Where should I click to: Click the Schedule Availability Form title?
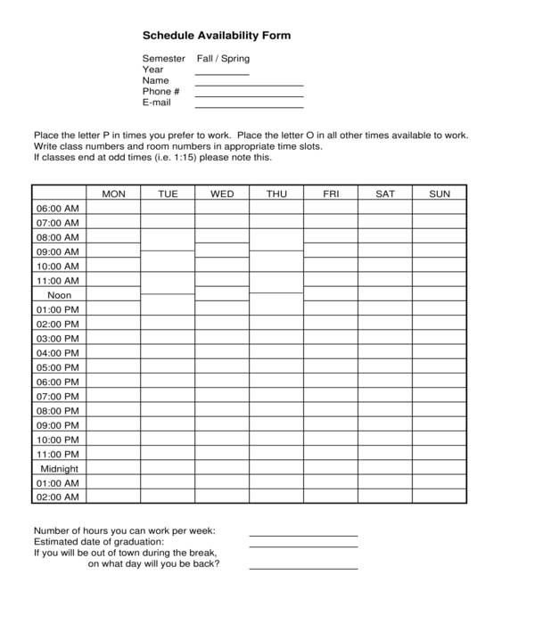[x=217, y=37]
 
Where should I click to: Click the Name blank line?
[x=249, y=84]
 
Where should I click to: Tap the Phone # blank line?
[x=249, y=94]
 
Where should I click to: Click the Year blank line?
[x=222, y=73]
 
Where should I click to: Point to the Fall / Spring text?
[x=223, y=59]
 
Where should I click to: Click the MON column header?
[x=113, y=193]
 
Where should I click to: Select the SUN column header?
[x=440, y=193]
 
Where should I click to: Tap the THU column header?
[x=276, y=193]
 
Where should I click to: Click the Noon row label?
[x=59, y=295]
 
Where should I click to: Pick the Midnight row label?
[x=59, y=469]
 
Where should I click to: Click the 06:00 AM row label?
[x=59, y=209]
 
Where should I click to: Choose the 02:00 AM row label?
[x=59, y=497]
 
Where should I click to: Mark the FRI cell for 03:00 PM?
[x=331, y=339]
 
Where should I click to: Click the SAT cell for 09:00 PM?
[x=385, y=425]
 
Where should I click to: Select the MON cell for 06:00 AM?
[x=113, y=209]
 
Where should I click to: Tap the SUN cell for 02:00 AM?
[x=440, y=497]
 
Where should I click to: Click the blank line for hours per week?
[x=303, y=534]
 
